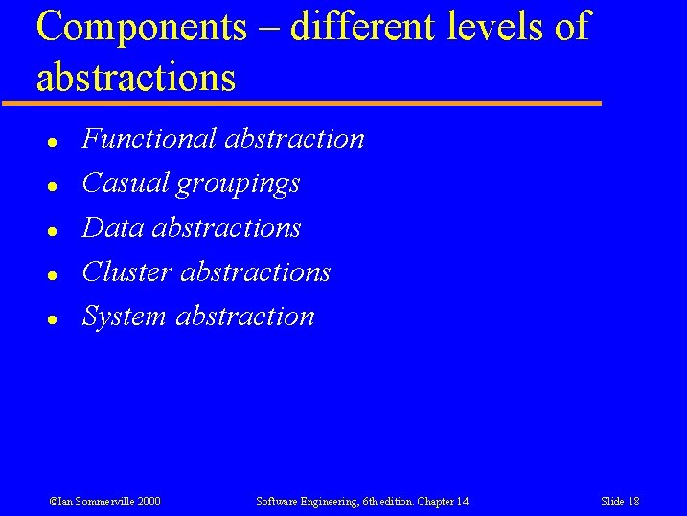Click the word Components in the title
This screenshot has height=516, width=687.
141,27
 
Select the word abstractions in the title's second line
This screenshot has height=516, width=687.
136,77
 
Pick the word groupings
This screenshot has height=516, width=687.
239,184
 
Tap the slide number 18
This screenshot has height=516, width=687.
633,502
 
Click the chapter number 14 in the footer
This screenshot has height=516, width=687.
462,502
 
